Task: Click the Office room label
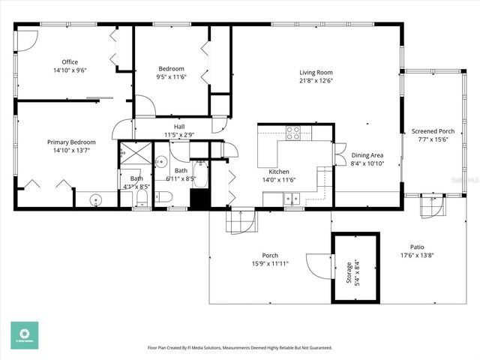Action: tap(70, 62)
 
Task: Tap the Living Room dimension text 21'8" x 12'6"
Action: tap(316, 80)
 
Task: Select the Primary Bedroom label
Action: tap(71, 142)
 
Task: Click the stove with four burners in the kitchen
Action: tap(293, 133)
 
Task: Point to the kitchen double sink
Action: tap(291, 199)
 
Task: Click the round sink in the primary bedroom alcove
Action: tap(95, 199)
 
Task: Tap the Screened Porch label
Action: tap(433, 131)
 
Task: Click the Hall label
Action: tap(179, 127)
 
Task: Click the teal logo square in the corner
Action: tap(24, 335)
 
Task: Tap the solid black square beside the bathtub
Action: tap(199, 199)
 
